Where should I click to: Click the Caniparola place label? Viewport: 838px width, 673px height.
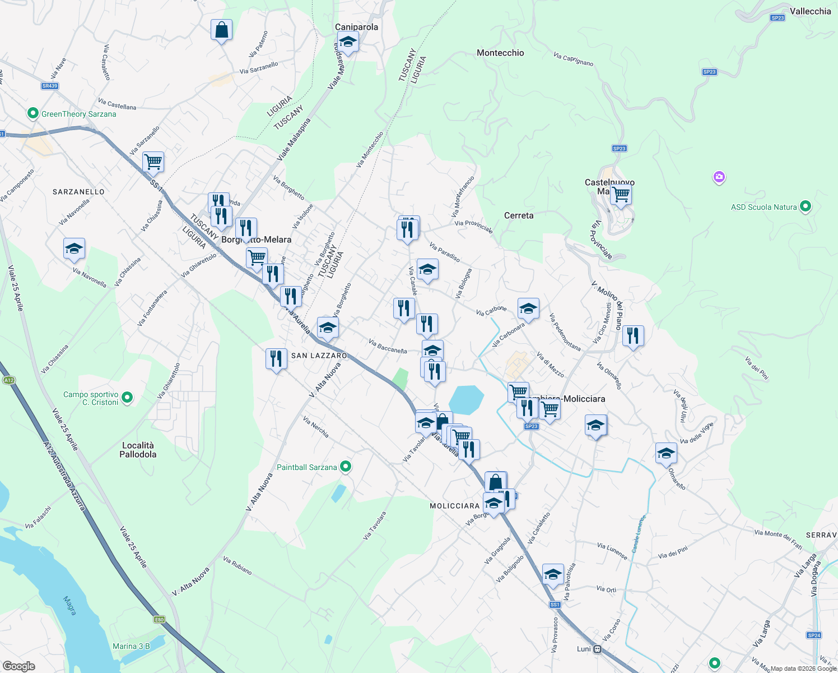point(356,27)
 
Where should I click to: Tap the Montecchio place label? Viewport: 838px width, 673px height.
point(500,53)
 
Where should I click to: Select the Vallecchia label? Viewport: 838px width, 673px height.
point(810,11)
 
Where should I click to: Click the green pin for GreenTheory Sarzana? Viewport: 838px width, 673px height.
point(33,114)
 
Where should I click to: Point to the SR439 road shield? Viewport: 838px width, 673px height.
point(50,86)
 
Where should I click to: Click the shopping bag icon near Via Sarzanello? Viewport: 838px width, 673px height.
point(222,30)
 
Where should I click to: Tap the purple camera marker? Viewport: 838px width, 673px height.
point(719,178)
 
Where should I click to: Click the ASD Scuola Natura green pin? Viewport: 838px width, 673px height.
point(805,206)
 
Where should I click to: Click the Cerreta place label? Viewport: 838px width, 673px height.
point(519,215)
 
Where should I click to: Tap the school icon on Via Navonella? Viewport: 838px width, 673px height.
point(74,248)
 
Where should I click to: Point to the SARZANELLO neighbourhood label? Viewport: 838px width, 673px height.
point(78,192)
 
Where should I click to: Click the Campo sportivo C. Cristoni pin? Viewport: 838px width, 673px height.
point(127,398)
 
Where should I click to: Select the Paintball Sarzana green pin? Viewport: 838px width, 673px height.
point(346,467)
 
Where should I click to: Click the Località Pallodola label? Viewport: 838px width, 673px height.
point(138,450)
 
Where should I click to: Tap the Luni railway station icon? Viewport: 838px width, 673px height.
point(598,649)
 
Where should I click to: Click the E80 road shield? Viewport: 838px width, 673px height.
point(160,620)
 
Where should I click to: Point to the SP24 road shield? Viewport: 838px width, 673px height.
point(814,635)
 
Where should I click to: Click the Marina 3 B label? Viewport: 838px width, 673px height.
point(131,646)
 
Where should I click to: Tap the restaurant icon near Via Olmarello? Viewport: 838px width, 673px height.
point(633,336)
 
